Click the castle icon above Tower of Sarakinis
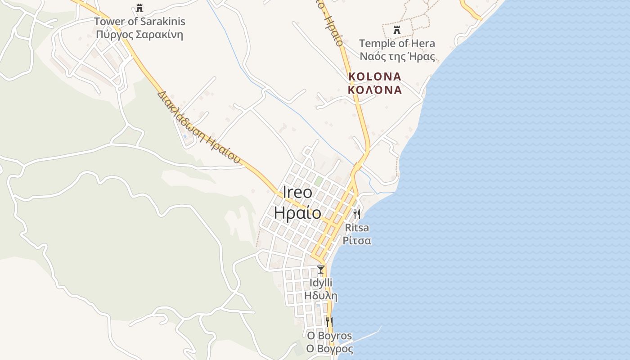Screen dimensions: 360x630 [139, 8]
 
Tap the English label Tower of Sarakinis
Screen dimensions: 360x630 [139, 21]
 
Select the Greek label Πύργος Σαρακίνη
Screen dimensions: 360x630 [139, 35]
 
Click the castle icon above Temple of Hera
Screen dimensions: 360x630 [397, 30]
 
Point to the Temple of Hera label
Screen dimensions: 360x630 [397, 43]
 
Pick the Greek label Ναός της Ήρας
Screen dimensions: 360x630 [397, 57]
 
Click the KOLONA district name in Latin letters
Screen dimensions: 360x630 [375, 76]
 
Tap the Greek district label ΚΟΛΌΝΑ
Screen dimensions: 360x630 [375, 90]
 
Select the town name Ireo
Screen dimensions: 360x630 [297, 192]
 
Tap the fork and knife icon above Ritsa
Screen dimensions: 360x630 [357, 214]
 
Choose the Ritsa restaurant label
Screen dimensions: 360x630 [357, 227]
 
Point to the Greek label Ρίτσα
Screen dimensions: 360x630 [357, 240]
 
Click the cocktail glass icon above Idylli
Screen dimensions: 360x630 [321, 270]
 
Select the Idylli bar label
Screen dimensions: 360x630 [321, 283]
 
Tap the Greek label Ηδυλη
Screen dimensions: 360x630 [321, 296]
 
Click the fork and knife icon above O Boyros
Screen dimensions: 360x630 [329, 322]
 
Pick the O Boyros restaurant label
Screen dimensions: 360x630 [329, 336]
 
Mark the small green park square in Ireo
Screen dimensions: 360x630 [319, 181]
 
